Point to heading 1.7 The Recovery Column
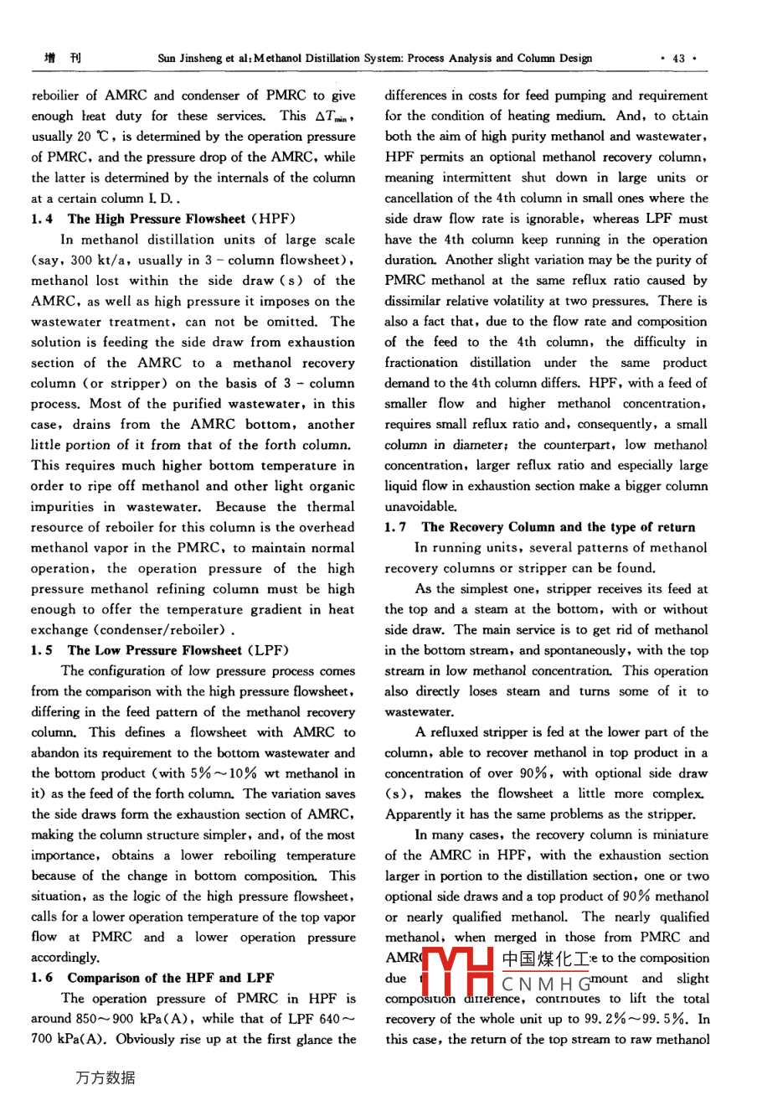[540, 527]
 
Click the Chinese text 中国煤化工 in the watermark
[546, 958]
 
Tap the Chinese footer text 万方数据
[106, 1077]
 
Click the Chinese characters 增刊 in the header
[63, 59]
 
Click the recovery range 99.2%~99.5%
[640, 1019]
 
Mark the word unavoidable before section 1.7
[421, 506]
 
